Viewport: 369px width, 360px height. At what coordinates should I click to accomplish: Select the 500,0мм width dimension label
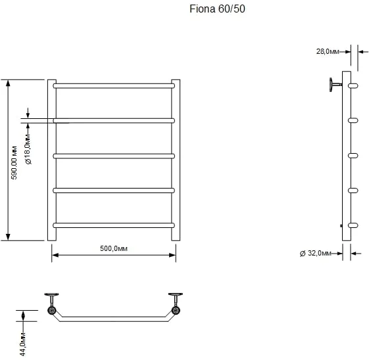tap(113, 248)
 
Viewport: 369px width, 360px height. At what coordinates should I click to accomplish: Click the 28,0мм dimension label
tap(328, 51)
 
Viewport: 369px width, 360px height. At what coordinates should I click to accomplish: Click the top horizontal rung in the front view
tap(114, 85)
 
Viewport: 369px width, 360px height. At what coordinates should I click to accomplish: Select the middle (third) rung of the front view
tap(114, 156)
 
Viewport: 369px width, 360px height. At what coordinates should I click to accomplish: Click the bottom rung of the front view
tap(114, 225)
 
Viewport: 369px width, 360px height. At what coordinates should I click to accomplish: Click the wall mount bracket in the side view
tap(335, 84)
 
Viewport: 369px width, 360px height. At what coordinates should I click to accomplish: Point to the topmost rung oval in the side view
tap(353, 85)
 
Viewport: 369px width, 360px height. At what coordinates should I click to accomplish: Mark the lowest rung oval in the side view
tap(353, 225)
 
